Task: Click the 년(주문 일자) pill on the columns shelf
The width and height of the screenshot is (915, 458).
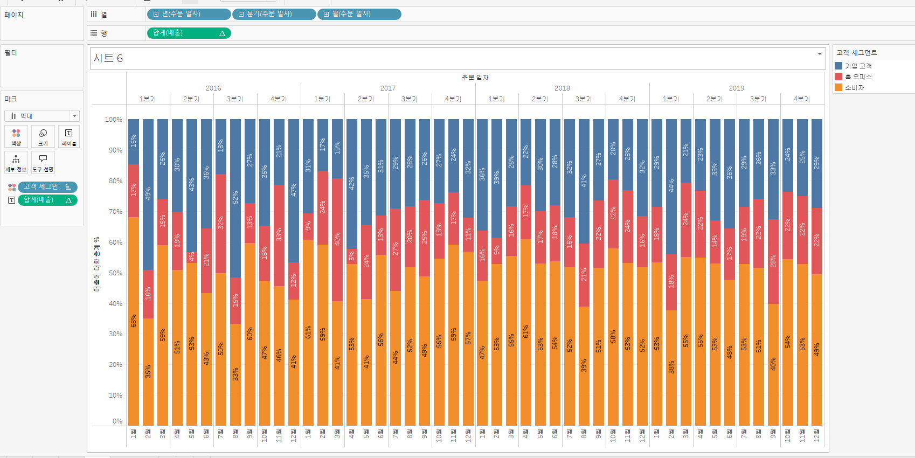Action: pos(188,14)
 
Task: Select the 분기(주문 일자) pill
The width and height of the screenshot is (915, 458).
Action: pos(274,14)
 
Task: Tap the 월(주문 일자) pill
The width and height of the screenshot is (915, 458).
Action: pos(359,14)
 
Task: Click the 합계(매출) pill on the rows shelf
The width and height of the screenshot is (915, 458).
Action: pos(188,33)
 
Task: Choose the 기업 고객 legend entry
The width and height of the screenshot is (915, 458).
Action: pos(858,66)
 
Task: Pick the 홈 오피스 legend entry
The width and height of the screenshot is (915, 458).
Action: pos(858,77)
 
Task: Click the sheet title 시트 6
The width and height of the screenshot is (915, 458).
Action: pos(108,58)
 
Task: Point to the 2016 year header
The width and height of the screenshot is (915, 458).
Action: pos(213,88)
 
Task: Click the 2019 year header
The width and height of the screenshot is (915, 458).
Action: pos(736,88)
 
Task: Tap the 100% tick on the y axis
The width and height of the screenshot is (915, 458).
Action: pos(113,120)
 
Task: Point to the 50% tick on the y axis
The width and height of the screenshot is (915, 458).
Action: pos(115,273)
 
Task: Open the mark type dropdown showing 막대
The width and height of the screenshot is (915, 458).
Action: pos(42,116)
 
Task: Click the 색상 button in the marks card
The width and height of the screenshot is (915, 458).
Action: pos(16,136)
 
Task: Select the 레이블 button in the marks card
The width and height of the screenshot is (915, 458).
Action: pos(69,136)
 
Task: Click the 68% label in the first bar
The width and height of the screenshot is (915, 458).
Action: pos(134,321)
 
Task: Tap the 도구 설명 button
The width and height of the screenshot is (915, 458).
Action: pos(43,162)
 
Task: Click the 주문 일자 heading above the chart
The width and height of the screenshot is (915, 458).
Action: pos(475,78)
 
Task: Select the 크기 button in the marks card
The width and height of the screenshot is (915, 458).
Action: pos(43,136)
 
